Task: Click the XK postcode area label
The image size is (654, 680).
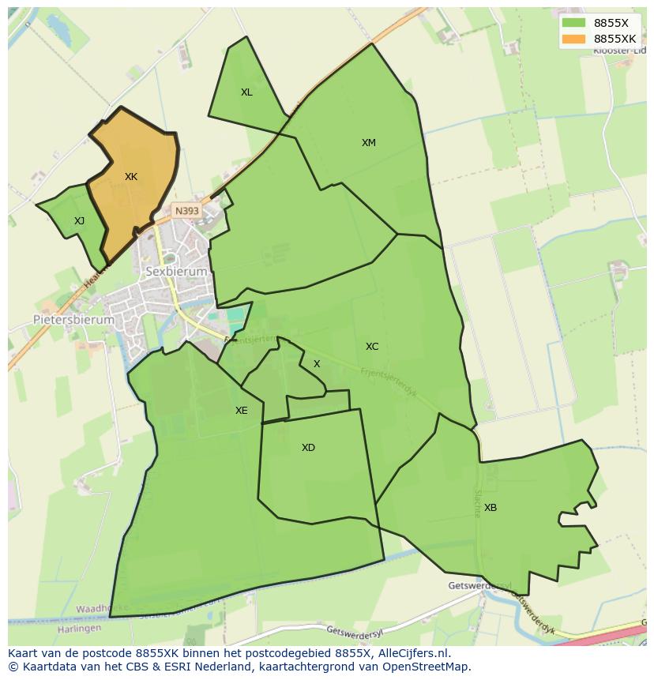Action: (131, 177)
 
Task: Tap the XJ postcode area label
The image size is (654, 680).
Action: (79, 221)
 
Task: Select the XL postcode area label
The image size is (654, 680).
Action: (246, 92)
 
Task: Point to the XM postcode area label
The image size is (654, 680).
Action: (369, 143)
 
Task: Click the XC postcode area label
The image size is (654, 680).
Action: (372, 347)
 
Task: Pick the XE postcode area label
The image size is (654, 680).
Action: (241, 411)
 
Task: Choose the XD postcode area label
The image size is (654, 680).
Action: (308, 448)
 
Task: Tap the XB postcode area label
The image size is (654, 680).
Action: (490, 508)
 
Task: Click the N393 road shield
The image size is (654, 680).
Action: (187, 211)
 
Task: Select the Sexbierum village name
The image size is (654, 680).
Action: (176, 271)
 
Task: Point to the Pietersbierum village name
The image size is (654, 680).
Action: (73, 320)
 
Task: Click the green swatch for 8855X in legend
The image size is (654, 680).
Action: (573, 23)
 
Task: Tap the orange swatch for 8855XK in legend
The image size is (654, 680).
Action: (573, 39)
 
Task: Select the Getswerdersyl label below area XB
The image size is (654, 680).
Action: (479, 586)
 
